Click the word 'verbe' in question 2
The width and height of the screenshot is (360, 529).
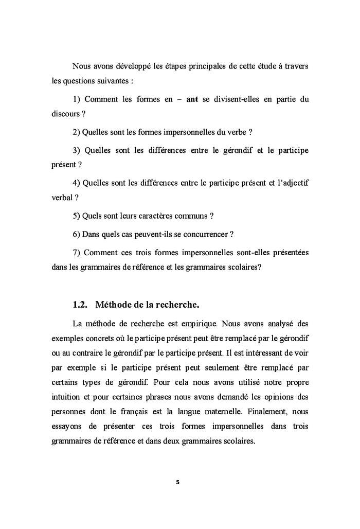pyautogui.click(x=236, y=132)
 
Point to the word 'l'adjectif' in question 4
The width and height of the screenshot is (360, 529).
pyautogui.click(x=292, y=183)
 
